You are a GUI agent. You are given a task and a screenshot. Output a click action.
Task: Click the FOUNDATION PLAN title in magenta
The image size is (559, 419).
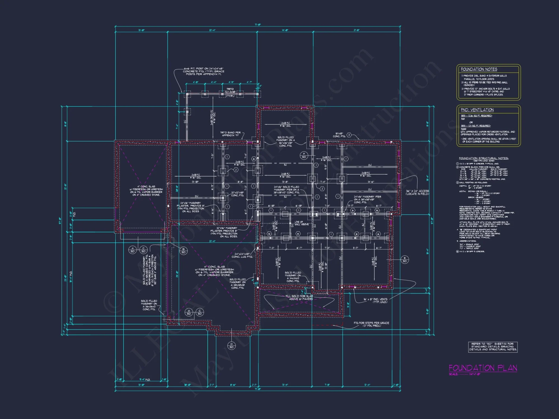pyautogui.click(x=483, y=368)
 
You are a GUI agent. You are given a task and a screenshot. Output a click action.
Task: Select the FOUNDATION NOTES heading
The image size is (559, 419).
pyautogui.click(x=479, y=69)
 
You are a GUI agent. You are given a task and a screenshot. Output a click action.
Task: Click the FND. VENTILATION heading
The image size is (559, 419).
pyautogui.click(x=477, y=110)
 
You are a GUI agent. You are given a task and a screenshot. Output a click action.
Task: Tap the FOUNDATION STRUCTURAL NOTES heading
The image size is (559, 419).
pyautogui.click(x=484, y=158)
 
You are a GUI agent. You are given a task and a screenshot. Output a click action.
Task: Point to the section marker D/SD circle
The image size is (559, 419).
pyautogui.click(x=231, y=346)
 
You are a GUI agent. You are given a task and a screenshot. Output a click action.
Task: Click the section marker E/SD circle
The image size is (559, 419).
pyautogui.click(x=404, y=260)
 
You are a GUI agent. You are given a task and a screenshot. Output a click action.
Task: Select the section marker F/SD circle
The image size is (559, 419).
pyautogui.click(x=304, y=156)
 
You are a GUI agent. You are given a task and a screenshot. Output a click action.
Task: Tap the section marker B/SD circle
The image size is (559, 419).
pyautogui.click(x=183, y=251)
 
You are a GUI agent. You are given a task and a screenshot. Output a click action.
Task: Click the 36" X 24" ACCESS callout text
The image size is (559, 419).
pyautogui.click(x=417, y=192)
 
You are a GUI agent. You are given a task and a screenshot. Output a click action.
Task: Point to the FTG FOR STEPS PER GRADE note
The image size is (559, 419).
pyautogui.click(x=371, y=324)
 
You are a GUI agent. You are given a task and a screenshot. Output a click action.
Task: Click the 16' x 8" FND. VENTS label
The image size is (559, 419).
pyautogui.click(x=375, y=301)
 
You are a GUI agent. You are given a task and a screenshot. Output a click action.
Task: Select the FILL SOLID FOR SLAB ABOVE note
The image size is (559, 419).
pyautogui.click(x=299, y=297)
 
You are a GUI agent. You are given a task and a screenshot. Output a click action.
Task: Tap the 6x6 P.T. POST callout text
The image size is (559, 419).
pyautogui.click(x=204, y=71)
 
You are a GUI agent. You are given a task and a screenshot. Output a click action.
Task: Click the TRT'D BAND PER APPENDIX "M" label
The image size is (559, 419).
pyautogui.click(x=230, y=134)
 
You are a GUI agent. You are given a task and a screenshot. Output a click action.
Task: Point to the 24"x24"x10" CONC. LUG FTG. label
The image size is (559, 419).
pyautogui.click(x=242, y=255)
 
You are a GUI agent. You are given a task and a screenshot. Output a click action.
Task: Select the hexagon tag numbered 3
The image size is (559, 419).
pyautogui.click(x=349, y=135)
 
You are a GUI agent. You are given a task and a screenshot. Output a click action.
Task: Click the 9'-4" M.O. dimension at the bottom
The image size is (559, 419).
pyautogui.click(x=145, y=380)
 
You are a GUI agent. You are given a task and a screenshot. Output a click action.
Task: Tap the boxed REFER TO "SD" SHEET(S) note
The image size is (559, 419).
pyautogui.click(x=493, y=347)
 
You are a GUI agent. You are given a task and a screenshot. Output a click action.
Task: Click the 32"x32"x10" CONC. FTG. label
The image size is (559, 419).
pyautogui.click(x=238, y=194)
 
